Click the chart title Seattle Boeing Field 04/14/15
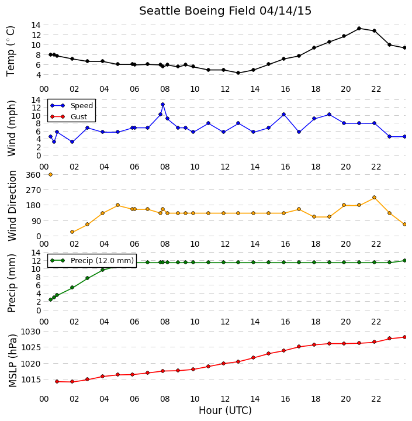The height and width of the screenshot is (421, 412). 225,11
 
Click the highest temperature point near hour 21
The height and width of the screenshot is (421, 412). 359,28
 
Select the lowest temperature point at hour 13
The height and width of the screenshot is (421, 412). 238,73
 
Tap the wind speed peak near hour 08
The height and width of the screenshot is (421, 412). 162,105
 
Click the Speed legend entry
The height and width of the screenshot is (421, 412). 72,105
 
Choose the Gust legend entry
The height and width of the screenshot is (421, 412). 69,116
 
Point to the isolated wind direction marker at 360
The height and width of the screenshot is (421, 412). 50,174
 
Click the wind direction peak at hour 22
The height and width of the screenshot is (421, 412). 374,198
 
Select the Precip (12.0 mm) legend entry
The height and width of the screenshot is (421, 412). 92,260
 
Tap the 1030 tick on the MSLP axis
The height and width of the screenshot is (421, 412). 30,332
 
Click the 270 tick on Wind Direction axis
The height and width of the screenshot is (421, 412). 34,190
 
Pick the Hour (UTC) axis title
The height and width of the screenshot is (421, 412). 225,410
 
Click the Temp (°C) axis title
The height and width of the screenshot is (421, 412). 10,51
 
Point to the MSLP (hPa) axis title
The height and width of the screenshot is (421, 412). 12,361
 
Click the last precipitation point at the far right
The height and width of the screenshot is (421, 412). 405,260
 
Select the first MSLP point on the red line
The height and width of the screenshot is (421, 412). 57,381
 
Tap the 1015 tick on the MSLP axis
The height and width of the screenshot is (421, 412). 30,379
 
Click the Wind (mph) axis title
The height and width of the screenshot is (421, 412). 12,128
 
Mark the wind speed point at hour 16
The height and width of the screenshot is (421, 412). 283,115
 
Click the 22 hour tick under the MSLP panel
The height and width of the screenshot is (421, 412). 376,399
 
